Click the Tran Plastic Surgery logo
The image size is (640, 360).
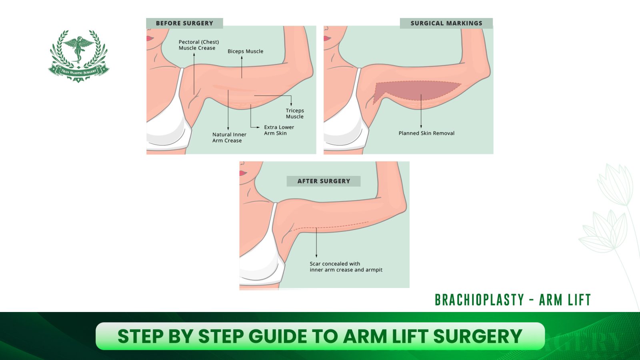78,56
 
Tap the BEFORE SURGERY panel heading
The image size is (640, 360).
184,23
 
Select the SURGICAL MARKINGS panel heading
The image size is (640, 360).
446,23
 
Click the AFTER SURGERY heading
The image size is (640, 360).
324,181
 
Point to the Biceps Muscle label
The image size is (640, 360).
245,51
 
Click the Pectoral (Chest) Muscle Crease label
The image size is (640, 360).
198,45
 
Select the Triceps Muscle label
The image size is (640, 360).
295,114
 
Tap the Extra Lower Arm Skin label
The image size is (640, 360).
279,130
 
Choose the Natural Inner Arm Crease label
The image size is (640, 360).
229,138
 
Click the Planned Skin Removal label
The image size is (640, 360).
426,133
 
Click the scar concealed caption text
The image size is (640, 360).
346,267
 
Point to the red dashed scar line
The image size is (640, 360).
332,226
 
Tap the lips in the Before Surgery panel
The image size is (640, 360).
150,38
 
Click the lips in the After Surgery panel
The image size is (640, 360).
243,173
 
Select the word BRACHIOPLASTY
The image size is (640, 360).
479,300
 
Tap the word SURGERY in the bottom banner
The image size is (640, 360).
478,336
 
